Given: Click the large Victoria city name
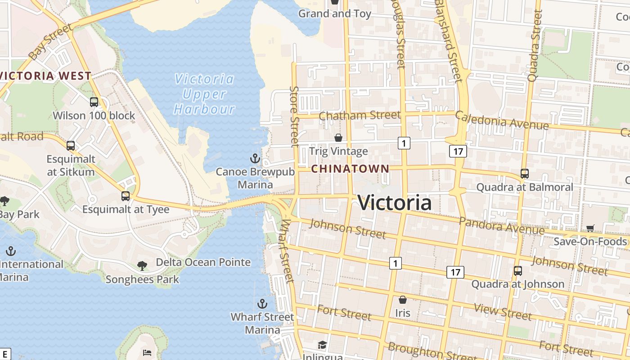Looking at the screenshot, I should (x=395, y=203).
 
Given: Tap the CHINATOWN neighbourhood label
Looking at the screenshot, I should (x=350, y=169).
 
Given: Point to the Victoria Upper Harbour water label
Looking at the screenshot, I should (x=205, y=94).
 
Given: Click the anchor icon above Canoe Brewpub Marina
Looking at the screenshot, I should (x=255, y=158).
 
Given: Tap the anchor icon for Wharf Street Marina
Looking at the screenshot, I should (x=262, y=304).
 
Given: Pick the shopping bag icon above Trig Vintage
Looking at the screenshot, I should (x=338, y=138).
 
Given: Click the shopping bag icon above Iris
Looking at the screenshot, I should (x=403, y=300).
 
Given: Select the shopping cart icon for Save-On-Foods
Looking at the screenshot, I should (x=590, y=229).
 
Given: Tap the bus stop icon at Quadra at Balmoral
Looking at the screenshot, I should (x=524, y=174).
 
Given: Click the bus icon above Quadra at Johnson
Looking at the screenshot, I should (x=518, y=271).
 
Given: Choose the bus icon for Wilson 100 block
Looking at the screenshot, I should (x=94, y=102).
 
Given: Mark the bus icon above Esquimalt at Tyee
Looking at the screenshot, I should (x=126, y=196).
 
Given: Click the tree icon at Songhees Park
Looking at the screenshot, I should (x=142, y=266).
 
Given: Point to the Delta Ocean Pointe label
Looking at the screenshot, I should (x=203, y=262).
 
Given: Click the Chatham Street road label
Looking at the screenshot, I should (x=360, y=115).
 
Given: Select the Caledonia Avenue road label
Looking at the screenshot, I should (x=502, y=121).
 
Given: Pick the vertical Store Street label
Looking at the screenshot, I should (x=295, y=117).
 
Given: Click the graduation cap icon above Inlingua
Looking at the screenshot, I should (x=322, y=345).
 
